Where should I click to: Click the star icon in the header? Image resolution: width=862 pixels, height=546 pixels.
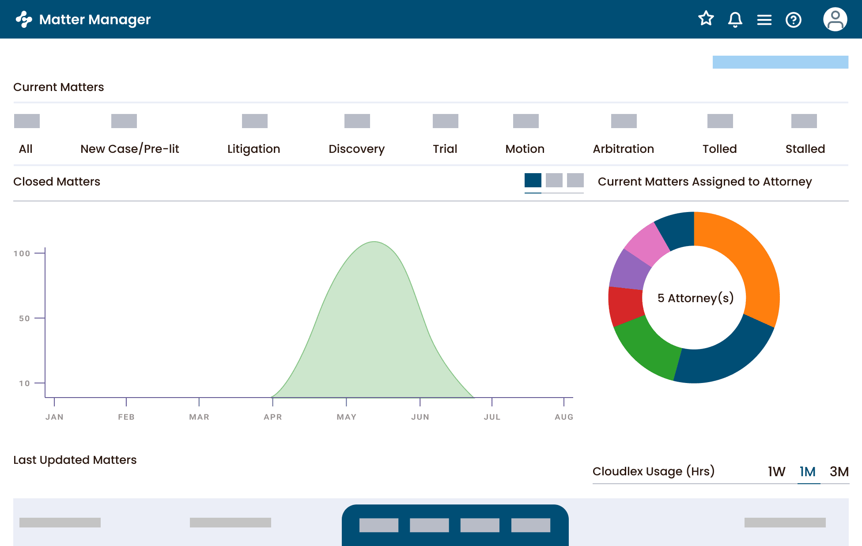click(x=706, y=19)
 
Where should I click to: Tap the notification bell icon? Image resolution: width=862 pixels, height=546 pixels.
click(x=735, y=19)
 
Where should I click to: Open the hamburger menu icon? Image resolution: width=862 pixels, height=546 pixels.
click(x=764, y=20)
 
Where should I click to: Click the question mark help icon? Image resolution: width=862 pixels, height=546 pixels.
click(x=794, y=20)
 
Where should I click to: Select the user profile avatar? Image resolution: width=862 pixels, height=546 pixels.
click(x=835, y=19)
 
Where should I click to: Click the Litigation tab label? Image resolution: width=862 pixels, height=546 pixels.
click(x=253, y=149)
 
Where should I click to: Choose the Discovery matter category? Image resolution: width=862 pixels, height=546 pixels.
click(x=356, y=149)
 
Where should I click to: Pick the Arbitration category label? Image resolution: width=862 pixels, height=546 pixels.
click(x=623, y=149)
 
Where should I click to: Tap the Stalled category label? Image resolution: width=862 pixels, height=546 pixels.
click(x=805, y=149)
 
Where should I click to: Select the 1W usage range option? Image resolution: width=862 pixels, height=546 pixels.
click(x=776, y=471)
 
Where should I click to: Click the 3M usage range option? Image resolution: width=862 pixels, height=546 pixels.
click(x=839, y=471)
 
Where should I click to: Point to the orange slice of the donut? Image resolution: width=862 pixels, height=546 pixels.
click(x=746, y=261)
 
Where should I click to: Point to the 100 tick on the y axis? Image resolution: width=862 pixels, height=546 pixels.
click(x=22, y=254)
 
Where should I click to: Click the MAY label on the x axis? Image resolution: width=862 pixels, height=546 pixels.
click(x=346, y=417)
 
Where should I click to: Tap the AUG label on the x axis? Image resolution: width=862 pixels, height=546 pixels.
click(x=564, y=417)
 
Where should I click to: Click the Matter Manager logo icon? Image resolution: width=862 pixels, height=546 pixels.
click(x=24, y=19)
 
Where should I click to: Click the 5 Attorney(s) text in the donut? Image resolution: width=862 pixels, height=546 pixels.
click(x=695, y=298)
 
